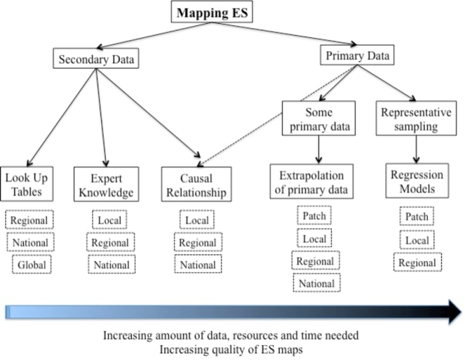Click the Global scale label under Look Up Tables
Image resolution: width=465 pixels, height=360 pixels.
click(x=31, y=264)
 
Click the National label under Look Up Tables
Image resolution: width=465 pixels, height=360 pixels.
click(x=31, y=242)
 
